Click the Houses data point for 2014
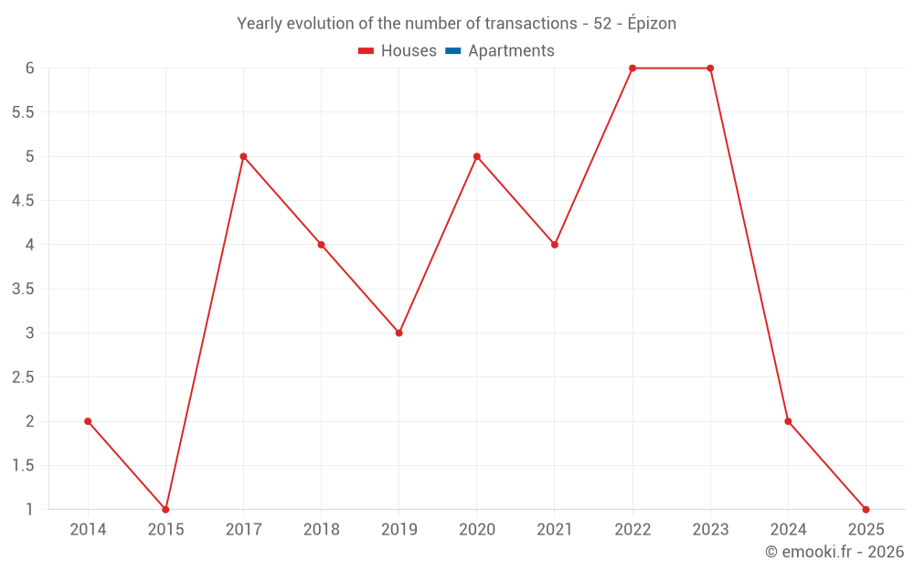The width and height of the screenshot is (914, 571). [88, 421]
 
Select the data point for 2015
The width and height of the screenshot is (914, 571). [165, 509]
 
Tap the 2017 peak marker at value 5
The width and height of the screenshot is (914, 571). [243, 156]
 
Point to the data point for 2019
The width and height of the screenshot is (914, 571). [399, 333]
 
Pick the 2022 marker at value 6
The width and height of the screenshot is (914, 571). [632, 69]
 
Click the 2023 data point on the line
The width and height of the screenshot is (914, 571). [710, 69]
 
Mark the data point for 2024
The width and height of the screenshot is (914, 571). [788, 421]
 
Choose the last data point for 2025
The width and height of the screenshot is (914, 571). [866, 509]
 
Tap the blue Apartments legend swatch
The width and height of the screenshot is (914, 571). [453, 51]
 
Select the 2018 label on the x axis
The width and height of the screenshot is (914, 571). [321, 530]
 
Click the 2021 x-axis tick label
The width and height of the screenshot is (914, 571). [554, 530]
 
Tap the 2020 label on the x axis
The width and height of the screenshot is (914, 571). [476, 530]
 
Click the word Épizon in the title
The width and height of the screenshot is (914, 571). [648, 24]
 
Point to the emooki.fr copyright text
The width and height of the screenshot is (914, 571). [834, 552]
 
